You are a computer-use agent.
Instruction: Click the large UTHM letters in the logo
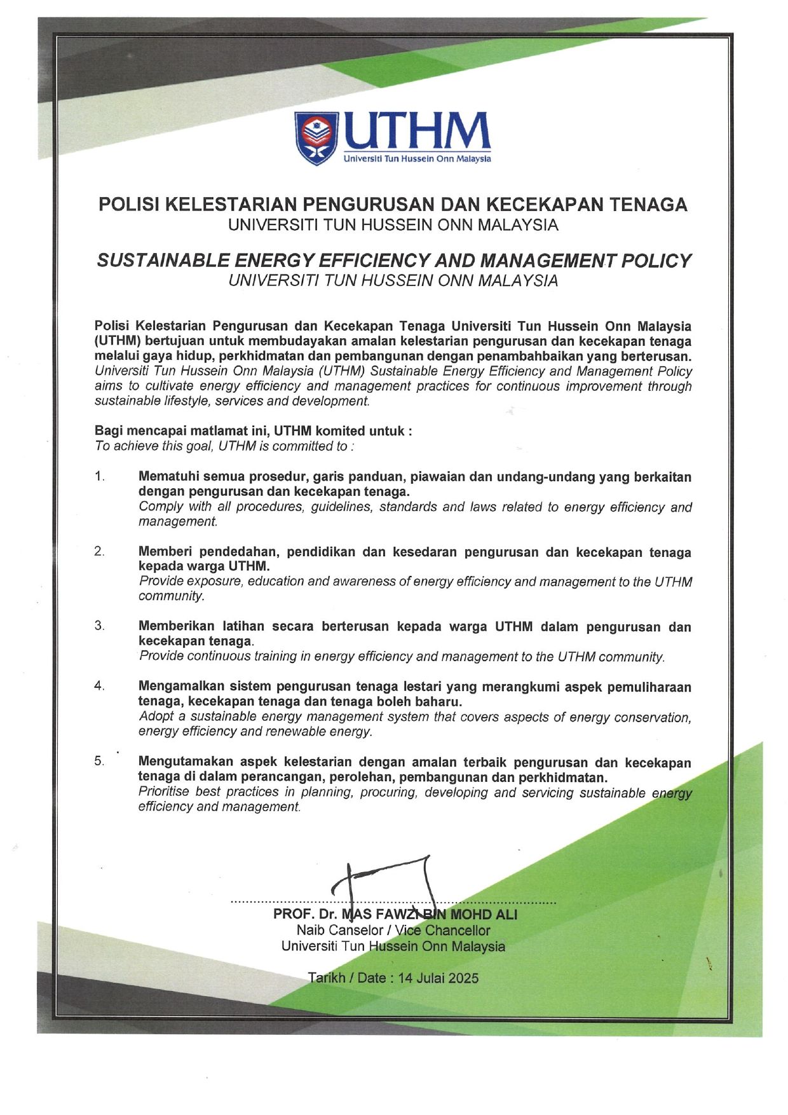(x=417, y=132)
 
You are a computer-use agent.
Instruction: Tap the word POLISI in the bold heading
(x=127, y=204)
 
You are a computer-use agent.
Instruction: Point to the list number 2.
(x=100, y=551)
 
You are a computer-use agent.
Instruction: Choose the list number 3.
(x=100, y=626)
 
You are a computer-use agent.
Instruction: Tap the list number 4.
(x=100, y=686)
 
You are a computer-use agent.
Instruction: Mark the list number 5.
(x=100, y=761)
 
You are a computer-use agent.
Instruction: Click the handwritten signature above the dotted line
(x=388, y=880)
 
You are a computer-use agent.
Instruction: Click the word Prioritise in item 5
(x=164, y=792)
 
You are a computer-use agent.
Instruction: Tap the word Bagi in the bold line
(x=108, y=431)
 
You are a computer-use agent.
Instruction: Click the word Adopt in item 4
(x=154, y=717)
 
